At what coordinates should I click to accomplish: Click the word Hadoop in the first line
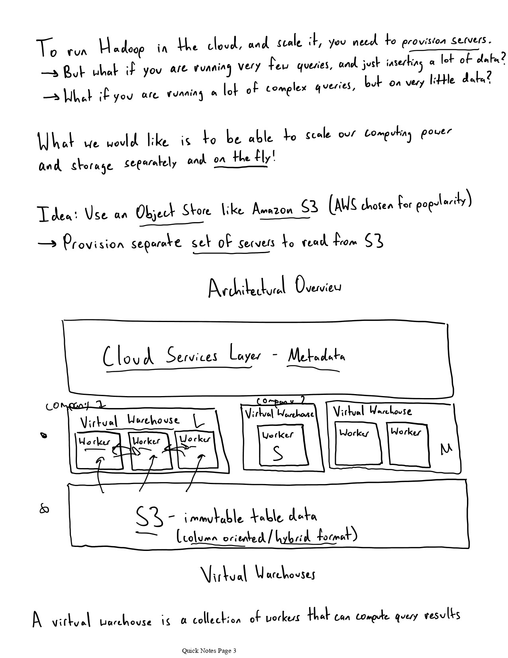tap(122, 49)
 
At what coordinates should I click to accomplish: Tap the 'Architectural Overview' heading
tap(274, 287)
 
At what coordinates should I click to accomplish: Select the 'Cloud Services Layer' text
tap(181, 355)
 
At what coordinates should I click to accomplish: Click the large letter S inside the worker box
tap(278, 453)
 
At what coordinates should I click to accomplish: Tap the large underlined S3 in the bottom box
tap(149, 517)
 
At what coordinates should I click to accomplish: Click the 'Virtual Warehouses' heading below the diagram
tap(257, 574)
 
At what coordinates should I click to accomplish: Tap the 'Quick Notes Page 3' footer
tap(209, 650)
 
